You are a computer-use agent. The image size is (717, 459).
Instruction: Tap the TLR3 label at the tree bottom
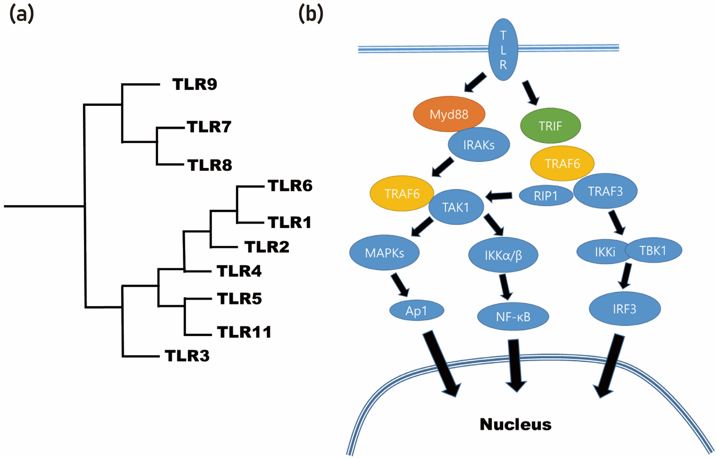[x=187, y=356]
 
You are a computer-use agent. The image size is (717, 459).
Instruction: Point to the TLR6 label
[x=290, y=186]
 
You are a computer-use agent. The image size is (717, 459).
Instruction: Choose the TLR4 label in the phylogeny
[x=239, y=271]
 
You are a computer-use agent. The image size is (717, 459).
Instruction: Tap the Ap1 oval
[x=416, y=311]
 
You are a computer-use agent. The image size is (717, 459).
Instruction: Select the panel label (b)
[x=311, y=14]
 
